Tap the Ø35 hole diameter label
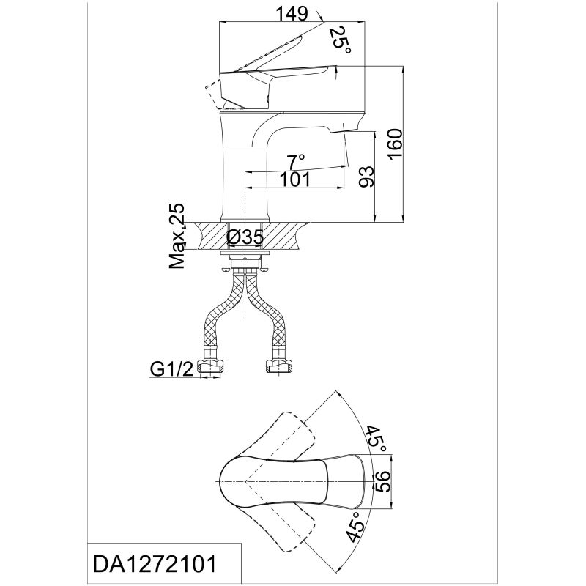(x=245, y=237)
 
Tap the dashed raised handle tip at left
(x=209, y=92)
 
